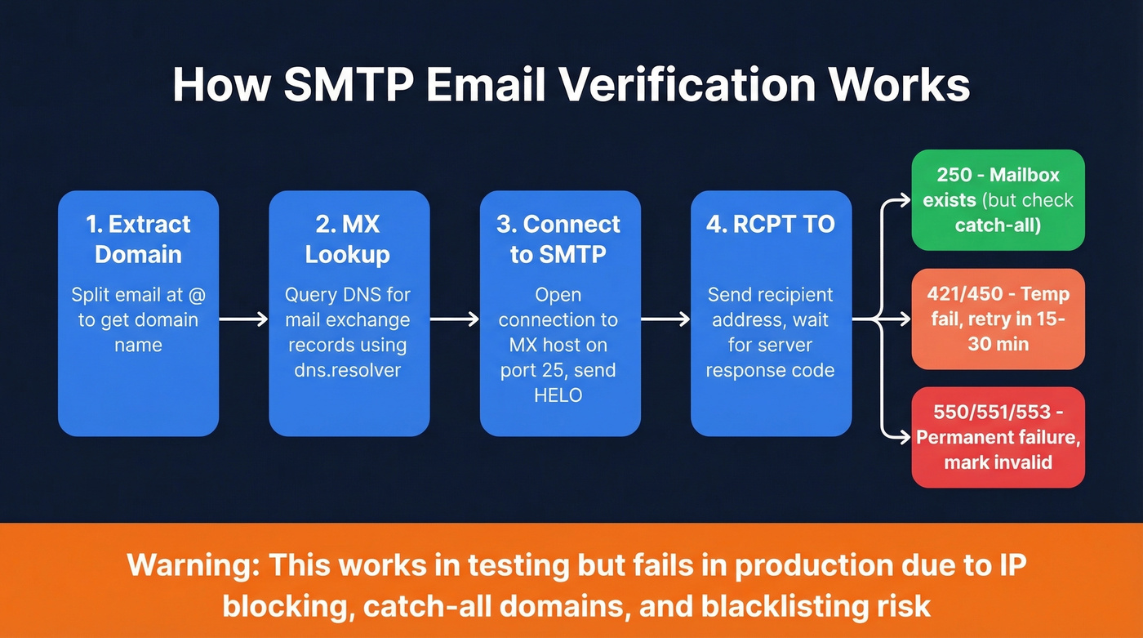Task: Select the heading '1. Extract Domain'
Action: coord(138,239)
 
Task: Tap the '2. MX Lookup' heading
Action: coord(349,239)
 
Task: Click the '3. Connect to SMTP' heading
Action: coord(560,239)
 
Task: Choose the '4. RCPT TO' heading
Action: coord(771,225)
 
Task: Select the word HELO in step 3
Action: coord(560,395)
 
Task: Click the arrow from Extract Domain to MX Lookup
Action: coord(243,319)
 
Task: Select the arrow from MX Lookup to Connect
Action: coord(454,319)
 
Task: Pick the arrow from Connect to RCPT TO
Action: coord(665,319)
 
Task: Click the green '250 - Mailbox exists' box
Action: coord(998,200)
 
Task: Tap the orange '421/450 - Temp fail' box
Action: coord(998,319)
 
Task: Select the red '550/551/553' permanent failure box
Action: coord(998,437)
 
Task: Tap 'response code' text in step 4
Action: coord(771,370)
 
